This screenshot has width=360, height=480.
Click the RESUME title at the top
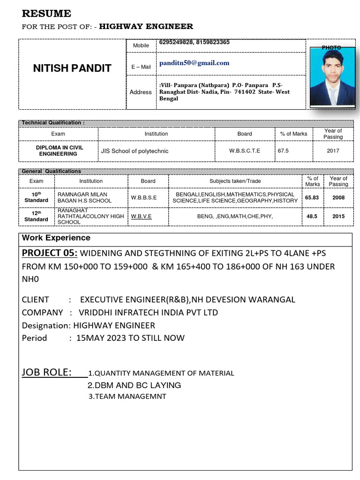[46, 13]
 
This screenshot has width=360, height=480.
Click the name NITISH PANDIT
[72, 68]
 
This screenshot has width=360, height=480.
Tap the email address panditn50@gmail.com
[194, 63]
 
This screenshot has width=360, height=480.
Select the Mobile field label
[141, 45]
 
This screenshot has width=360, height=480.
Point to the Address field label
[141, 92]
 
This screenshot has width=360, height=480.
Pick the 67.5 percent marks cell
[283, 151]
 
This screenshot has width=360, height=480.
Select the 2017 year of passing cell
[333, 151]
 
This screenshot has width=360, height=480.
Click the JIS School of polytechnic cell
[135, 151]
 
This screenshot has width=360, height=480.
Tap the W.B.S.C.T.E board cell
[244, 151]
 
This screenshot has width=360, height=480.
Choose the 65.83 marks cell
[312, 197]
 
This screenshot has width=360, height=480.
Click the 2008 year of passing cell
[338, 197]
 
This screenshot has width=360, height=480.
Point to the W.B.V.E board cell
[141, 216]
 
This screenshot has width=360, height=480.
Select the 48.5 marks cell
[312, 216]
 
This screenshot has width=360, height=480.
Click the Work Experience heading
[56, 238]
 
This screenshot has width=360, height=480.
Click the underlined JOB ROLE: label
[47, 372]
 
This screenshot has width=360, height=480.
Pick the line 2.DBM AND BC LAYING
[134, 385]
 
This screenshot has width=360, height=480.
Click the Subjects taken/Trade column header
[235, 181]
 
